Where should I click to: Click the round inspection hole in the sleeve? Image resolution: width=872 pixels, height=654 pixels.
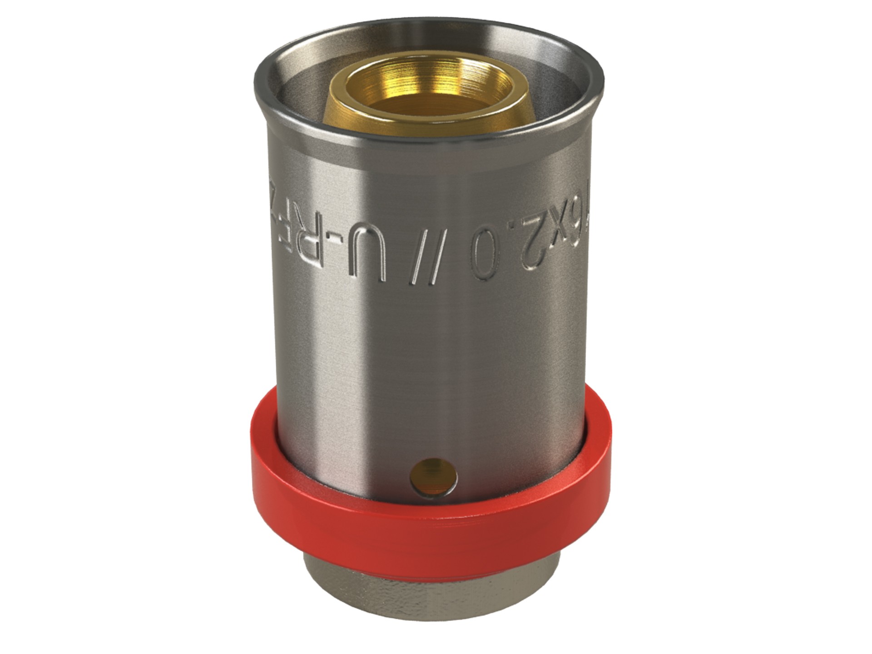[x=433, y=475]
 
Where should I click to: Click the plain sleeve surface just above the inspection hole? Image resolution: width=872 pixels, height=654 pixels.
[x=433, y=436]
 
